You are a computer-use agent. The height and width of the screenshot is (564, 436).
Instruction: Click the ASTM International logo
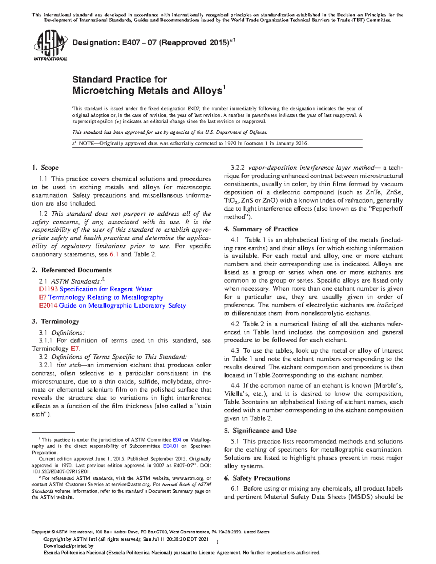pyautogui.click(x=50, y=45)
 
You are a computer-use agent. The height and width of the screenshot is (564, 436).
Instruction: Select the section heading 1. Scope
pyautogui.click(x=45, y=167)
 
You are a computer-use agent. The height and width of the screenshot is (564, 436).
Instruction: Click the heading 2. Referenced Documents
pyautogui.click(x=72, y=270)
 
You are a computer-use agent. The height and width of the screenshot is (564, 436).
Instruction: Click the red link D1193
pyautogui.click(x=48, y=289)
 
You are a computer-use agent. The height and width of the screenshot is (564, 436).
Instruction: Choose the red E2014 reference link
pyautogui.click(x=48, y=305)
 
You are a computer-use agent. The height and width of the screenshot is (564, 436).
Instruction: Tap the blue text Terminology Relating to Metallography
pyautogui.click(x=106, y=297)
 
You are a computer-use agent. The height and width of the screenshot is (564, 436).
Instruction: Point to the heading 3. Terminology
pyautogui.click(x=55, y=321)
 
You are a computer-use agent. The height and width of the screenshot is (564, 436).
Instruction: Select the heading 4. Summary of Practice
pyautogui.click(x=261, y=229)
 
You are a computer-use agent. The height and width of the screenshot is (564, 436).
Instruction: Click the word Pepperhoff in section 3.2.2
pyautogui.click(x=386, y=208)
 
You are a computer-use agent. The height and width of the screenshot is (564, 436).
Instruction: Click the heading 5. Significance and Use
pyautogui.click(x=260, y=430)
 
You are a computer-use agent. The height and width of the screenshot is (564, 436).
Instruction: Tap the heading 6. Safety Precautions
pyautogui.click(x=257, y=478)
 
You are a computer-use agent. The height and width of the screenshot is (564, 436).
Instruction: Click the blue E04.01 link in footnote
pyautogui.click(x=170, y=446)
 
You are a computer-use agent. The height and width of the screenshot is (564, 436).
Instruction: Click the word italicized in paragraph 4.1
pyautogui.click(x=389, y=305)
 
